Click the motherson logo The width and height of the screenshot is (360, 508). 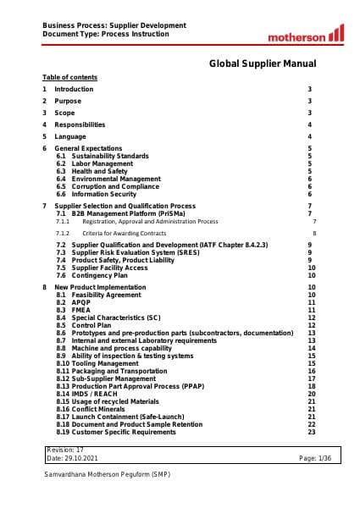pos(306,35)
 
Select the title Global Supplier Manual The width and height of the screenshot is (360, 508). pos(263,63)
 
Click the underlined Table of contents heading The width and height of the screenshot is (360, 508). pos(69,77)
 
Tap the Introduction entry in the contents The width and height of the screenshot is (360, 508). pos(75,89)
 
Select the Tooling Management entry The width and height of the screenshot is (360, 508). pos(105,363)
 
